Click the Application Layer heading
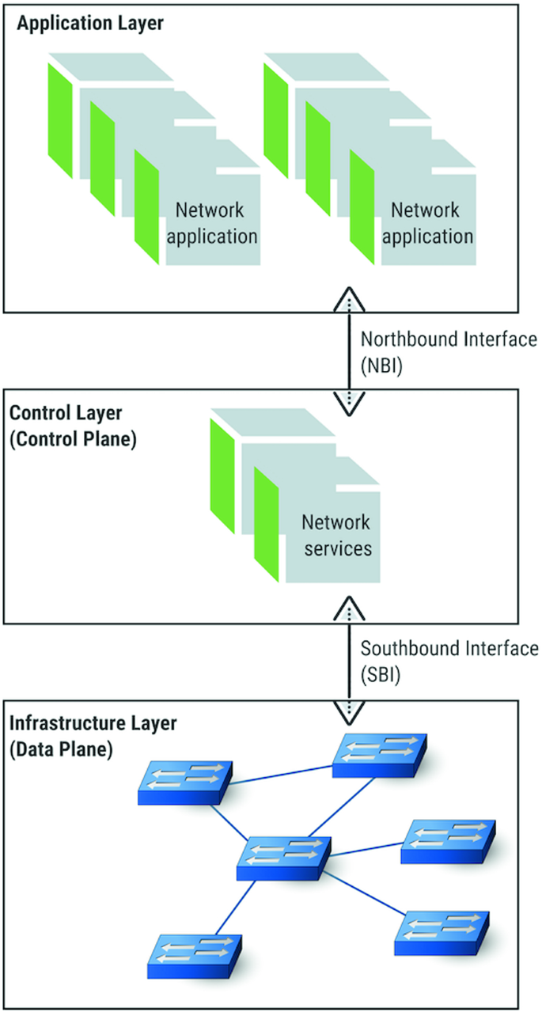tap(90, 23)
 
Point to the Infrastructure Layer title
tap(93, 723)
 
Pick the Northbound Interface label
tap(449, 340)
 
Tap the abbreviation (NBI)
tap(383, 367)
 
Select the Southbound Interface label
tap(449, 649)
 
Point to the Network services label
tap(335, 536)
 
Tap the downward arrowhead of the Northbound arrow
tap(349, 404)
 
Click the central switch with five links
tap(283, 857)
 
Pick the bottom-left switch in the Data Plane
tap(194, 955)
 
